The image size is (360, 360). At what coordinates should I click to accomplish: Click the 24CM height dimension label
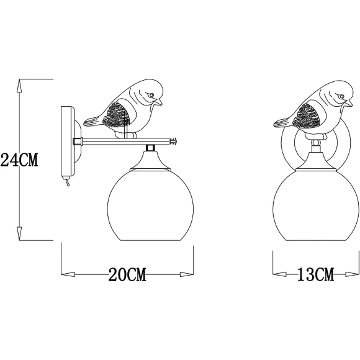click(x=19, y=160)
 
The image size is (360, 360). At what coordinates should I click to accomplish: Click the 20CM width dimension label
click(x=127, y=274)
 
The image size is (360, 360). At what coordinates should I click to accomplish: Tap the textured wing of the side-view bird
click(x=119, y=115)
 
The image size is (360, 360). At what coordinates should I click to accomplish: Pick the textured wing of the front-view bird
click(x=309, y=115)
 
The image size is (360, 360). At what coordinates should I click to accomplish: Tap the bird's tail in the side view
click(x=91, y=119)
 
